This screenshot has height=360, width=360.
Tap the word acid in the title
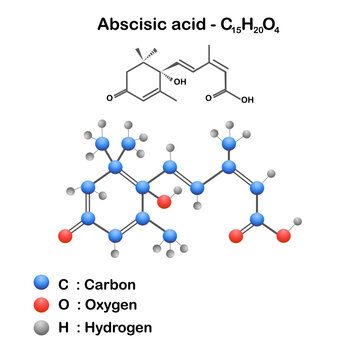point(187,22)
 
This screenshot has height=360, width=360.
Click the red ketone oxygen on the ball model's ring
point(66,237)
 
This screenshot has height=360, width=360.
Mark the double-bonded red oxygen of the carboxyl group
point(237,237)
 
